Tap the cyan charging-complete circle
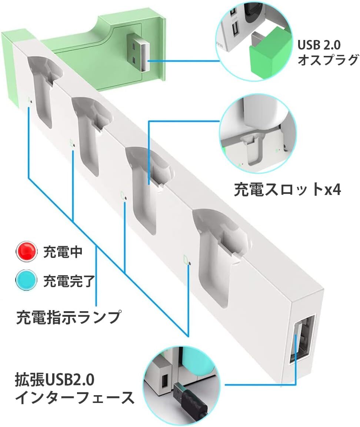pyautogui.click(x=27, y=280)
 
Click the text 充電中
pyautogui.click(x=63, y=252)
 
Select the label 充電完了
pyautogui.click(x=67, y=281)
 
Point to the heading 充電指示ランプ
pyautogui.click(x=69, y=317)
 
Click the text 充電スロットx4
pyautogui.click(x=287, y=189)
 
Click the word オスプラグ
pyautogui.click(x=328, y=59)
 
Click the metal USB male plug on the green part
pyautogui.click(x=139, y=53)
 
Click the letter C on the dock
pyautogui.click(x=123, y=195)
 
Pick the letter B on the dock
pyautogui.click(x=71, y=142)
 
